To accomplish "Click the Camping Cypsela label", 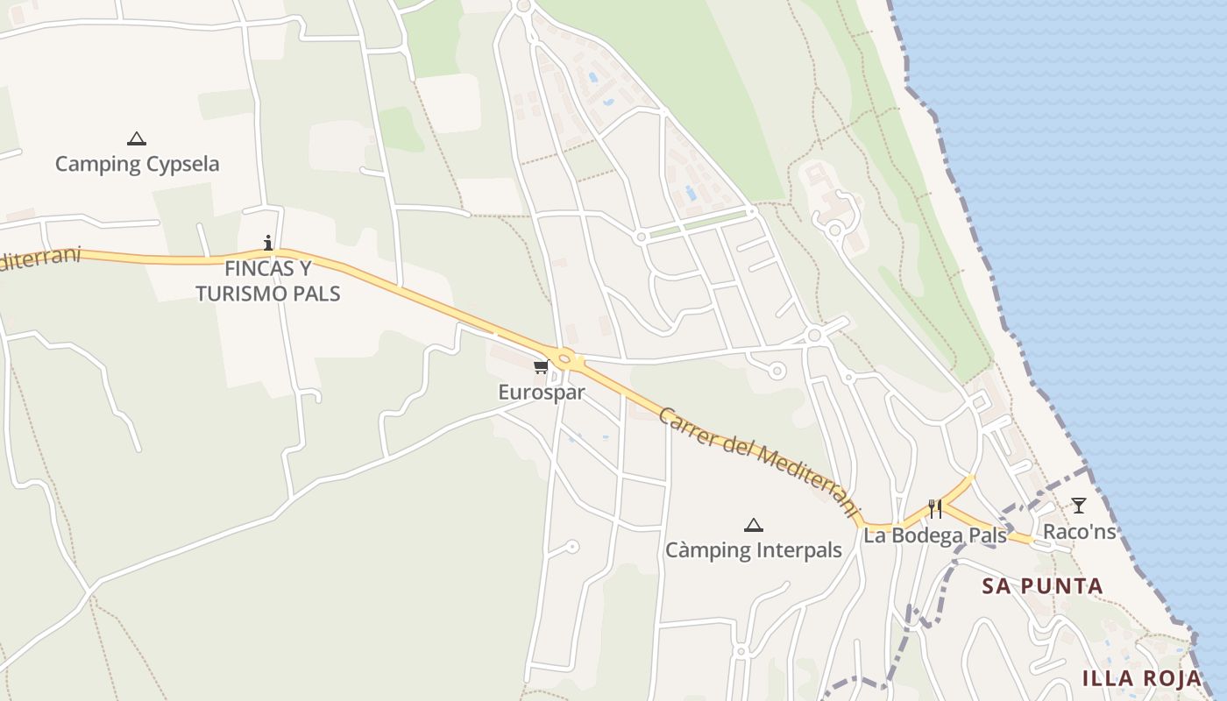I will coord(137,164).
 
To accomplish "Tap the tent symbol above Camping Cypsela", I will coord(136,138).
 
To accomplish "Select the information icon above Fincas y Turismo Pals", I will coord(268,243).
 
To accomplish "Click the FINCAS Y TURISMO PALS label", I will coord(267,280).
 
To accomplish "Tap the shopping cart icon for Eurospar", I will coord(541,366).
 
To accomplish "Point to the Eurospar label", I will coord(541,392).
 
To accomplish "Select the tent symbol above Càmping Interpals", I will coord(753,525).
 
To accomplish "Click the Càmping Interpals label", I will coord(753,550).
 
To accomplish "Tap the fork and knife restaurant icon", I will coord(935,509).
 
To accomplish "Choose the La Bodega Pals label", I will coord(934,535).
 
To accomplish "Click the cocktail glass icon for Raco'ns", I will coord(1078,506).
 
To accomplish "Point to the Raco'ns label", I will coord(1079,532).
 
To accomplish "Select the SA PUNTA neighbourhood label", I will coord(1042,586).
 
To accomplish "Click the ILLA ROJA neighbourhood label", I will coord(1141,678).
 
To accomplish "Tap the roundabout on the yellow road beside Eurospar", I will coord(564,358).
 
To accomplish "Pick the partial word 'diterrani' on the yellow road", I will coord(39,259).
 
